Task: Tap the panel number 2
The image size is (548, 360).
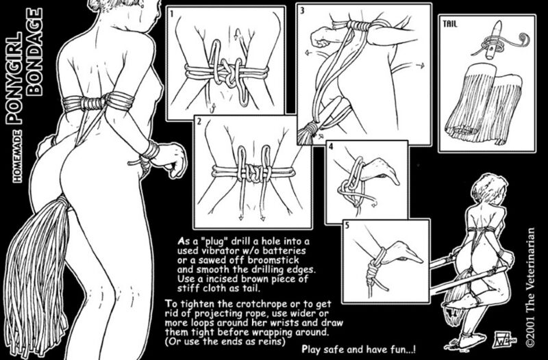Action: pos(199,124)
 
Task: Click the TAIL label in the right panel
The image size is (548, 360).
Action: pos(451,23)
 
